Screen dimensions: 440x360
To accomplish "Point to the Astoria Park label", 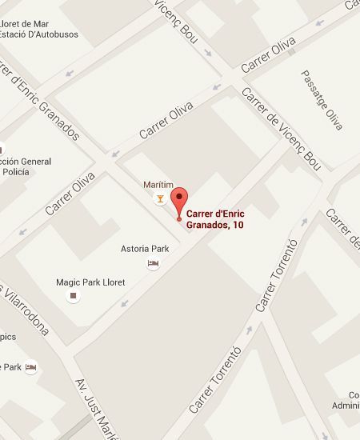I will [x=145, y=248].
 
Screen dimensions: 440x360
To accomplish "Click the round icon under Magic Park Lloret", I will [x=74, y=296].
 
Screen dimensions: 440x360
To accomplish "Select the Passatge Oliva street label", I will [x=322, y=100].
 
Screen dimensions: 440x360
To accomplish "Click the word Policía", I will [x=16, y=172].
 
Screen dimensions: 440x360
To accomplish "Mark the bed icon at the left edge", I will [x=30, y=367].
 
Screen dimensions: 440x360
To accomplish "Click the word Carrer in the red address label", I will [x=202, y=214].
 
